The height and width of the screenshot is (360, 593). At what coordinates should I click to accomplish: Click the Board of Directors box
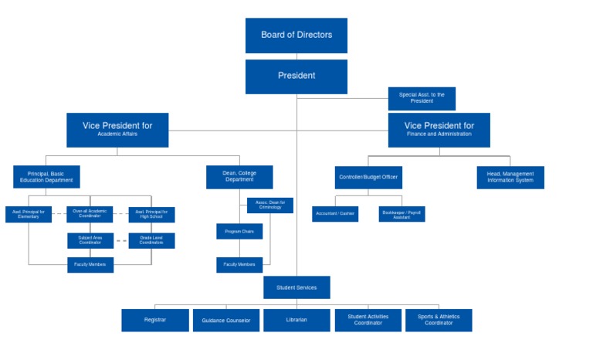pyautogui.click(x=296, y=36)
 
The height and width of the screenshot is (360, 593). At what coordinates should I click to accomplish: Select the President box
pyautogui.click(x=296, y=76)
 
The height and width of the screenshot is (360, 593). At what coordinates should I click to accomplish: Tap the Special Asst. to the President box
pyautogui.click(x=422, y=99)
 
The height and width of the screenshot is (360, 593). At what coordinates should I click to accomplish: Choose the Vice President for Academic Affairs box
pyautogui.click(x=117, y=130)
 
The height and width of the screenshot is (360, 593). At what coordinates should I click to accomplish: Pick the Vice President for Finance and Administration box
pyautogui.click(x=439, y=130)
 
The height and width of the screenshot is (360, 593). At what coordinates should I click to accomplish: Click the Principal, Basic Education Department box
pyautogui.click(x=46, y=177)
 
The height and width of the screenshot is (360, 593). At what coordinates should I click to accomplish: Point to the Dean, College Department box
pyautogui.click(x=239, y=177)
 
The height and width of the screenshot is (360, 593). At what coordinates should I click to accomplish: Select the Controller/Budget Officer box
pyautogui.click(x=368, y=177)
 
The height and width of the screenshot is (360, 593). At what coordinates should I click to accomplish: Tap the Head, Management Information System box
pyautogui.click(x=510, y=177)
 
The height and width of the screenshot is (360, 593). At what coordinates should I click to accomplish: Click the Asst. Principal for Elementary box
pyautogui.click(x=29, y=214)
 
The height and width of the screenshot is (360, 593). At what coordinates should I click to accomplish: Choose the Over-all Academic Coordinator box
pyautogui.click(x=90, y=214)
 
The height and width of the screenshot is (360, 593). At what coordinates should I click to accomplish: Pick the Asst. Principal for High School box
pyautogui.click(x=151, y=214)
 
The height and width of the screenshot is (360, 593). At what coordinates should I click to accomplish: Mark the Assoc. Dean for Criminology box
pyautogui.click(x=270, y=205)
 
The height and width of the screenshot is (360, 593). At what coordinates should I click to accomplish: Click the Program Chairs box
pyautogui.click(x=239, y=231)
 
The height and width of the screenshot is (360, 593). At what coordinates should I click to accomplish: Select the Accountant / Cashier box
pyautogui.click(x=335, y=214)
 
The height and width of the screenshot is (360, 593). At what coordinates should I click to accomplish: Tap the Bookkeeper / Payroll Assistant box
pyautogui.click(x=402, y=214)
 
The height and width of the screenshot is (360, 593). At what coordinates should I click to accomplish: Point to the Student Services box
pyautogui.click(x=296, y=287)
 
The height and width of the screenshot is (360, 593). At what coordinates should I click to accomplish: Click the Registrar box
pyautogui.click(x=154, y=320)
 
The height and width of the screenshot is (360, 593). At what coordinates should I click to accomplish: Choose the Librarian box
pyautogui.click(x=296, y=320)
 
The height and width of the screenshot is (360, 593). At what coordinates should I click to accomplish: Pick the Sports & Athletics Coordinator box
pyautogui.click(x=439, y=320)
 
